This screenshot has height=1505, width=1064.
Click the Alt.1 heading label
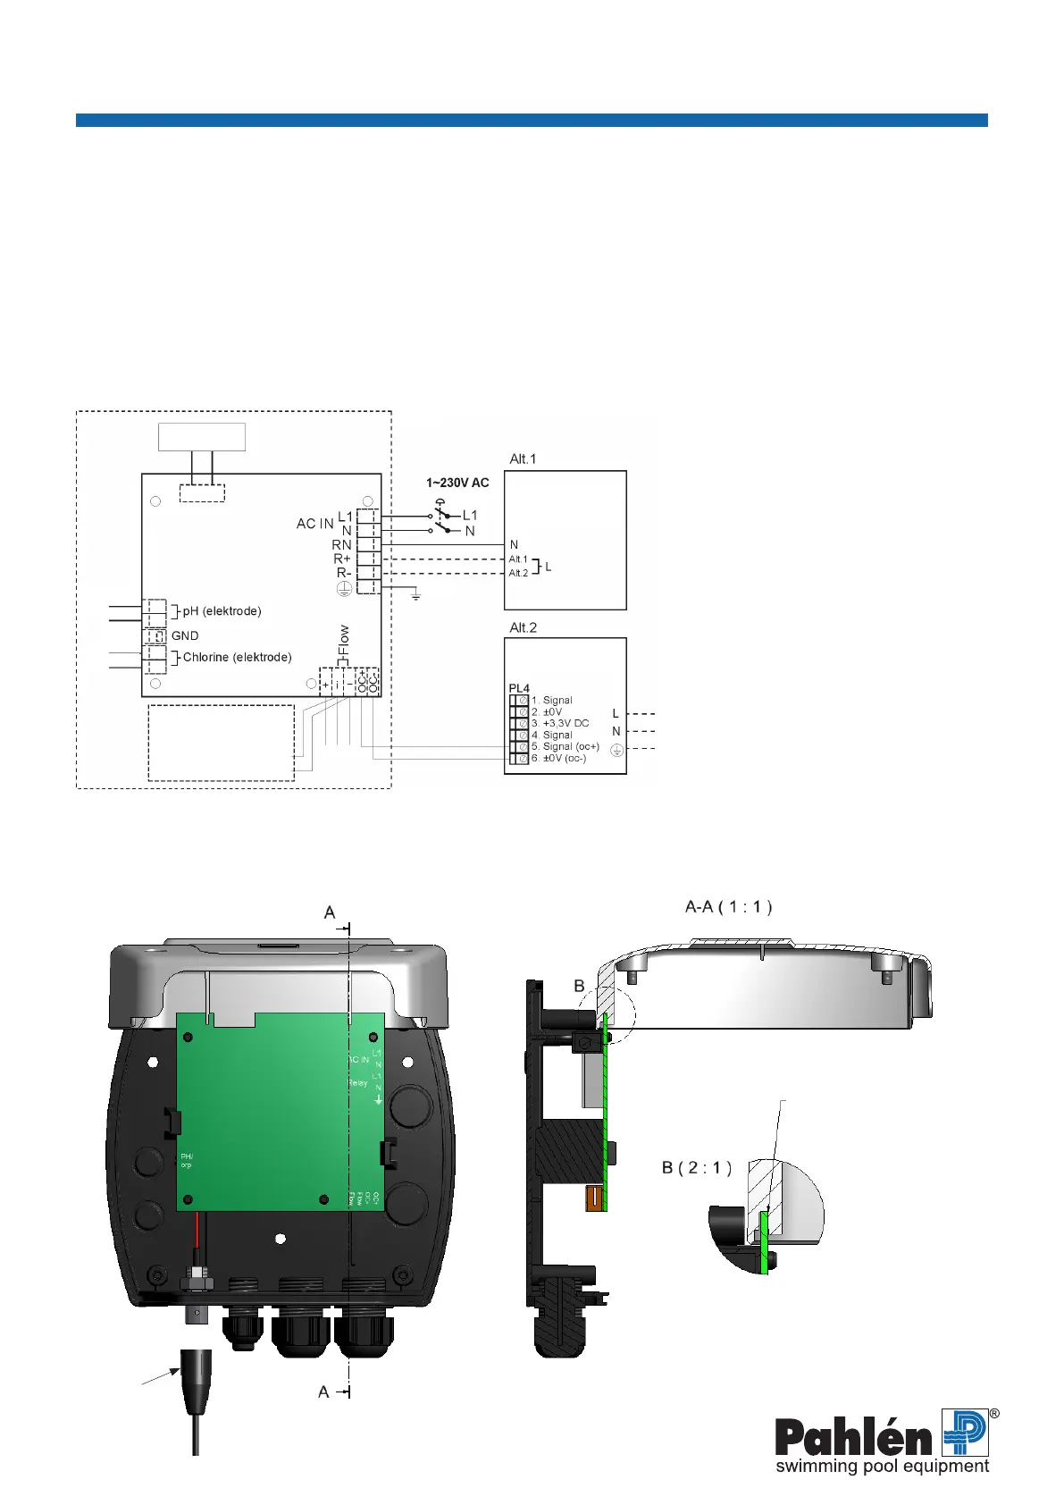pos(523,459)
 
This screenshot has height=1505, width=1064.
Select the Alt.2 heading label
pos(523,627)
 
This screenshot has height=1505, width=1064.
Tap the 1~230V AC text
pos(457,483)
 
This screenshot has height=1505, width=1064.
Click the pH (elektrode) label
pos(222,611)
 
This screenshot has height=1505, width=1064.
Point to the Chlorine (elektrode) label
pos(237,657)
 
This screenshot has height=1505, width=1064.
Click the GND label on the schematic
pos(185,635)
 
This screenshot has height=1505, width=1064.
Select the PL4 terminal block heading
pos(519,688)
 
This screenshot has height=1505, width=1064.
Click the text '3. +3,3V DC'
pos(560,723)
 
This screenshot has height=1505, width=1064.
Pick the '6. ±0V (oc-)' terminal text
pos(558,758)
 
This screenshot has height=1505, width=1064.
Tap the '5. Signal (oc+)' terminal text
pos(565,746)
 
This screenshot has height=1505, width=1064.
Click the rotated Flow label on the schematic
pos(345,641)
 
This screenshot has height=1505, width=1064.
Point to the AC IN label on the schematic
pos(314,524)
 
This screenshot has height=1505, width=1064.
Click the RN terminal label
pos(341,544)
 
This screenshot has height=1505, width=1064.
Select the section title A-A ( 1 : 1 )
pos(728,906)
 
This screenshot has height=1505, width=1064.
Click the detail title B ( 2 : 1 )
pos(697,1167)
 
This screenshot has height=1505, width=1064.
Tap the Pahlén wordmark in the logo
pos(853,1437)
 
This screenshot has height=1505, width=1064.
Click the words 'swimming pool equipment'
pos(882,1467)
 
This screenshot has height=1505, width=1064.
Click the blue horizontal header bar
pos(532,120)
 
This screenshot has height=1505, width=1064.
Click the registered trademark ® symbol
pos(994,1414)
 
